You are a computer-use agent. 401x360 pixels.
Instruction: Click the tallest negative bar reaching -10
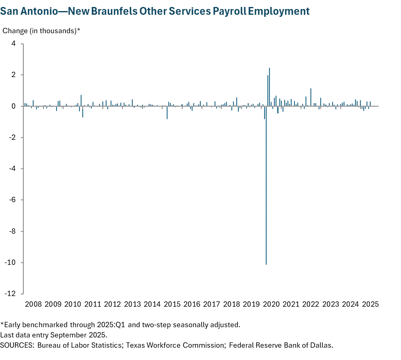pos(266,185)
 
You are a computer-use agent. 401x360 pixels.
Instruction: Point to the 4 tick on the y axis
pos(14,44)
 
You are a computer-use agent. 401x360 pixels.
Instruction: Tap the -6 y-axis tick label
pos(13,200)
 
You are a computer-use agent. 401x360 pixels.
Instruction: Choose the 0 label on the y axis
pos(14,106)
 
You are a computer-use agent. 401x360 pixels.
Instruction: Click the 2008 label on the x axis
pos(33,304)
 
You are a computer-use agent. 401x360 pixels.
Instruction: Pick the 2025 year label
pos(370,304)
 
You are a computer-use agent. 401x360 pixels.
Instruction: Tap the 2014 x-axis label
pos(152,304)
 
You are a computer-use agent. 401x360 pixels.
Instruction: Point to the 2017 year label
pos(212,304)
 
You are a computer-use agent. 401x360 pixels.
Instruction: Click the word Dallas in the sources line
pos(322,345)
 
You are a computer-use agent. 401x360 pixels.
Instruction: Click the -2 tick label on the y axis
pos(13,138)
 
